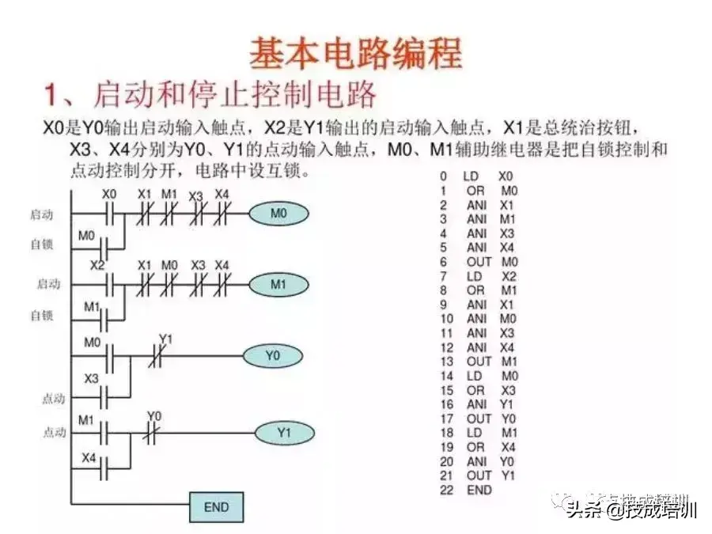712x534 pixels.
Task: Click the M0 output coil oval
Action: (278, 214)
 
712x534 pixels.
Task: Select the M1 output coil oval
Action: (279, 284)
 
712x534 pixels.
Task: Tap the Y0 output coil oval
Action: (273, 356)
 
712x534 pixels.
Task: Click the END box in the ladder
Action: (216, 506)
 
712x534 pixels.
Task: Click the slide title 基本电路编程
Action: (356, 54)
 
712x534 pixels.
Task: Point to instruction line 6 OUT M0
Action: (479, 261)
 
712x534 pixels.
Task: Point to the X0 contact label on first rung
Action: (109, 195)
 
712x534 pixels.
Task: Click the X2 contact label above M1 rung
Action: (97, 266)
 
